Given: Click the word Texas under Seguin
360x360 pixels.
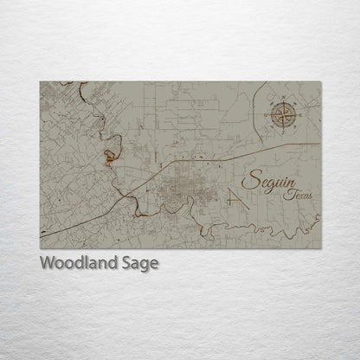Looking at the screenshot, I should click(x=299, y=196).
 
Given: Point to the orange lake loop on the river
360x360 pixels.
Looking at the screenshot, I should click(x=111, y=157).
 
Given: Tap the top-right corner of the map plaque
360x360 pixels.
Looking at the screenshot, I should click(x=321, y=82).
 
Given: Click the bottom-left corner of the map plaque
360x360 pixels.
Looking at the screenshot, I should click(x=40, y=248).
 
